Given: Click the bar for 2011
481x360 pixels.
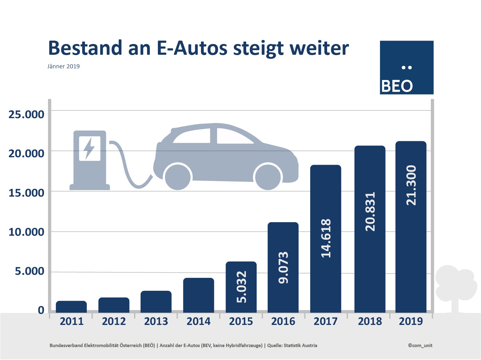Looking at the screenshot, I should pyautogui.click(x=71, y=307).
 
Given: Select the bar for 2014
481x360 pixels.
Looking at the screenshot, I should pyautogui.click(x=198, y=295).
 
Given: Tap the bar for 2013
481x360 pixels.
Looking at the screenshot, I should pyautogui.click(x=156, y=302).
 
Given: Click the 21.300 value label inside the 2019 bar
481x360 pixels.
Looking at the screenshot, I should pyautogui.click(x=411, y=185).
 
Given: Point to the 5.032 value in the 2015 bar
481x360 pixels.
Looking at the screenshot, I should pyautogui.click(x=241, y=287).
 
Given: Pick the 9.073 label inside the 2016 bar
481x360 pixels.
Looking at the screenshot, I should pyautogui.click(x=283, y=267).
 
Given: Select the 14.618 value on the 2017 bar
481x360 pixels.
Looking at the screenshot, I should pyautogui.click(x=326, y=238).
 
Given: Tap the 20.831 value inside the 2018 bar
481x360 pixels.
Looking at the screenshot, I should pyautogui.click(x=370, y=211).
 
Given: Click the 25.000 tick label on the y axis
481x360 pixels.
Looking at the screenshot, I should pyautogui.click(x=26, y=114).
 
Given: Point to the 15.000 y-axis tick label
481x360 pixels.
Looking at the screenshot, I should pyautogui.click(x=26, y=193).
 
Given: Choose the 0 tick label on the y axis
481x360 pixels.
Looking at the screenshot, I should pyautogui.click(x=41, y=310).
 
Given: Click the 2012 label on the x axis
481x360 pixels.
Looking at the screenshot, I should pyautogui.click(x=114, y=321).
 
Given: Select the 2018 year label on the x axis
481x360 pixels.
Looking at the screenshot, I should pyautogui.click(x=370, y=321).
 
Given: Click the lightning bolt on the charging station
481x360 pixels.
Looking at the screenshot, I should pyautogui.click(x=90, y=148).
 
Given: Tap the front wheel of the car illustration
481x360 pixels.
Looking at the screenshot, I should pyautogui.click(x=268, y=177).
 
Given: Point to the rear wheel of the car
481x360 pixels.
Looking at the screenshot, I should pyautogui.click(x=178, y=177).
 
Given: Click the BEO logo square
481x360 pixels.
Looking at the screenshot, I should pyautogui.click(x=407, y=67).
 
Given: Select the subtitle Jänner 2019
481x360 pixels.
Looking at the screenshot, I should pyautogui.click(x=63, y=66).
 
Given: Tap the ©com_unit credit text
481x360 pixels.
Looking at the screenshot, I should pyautogui.click(x=420, y=345).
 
